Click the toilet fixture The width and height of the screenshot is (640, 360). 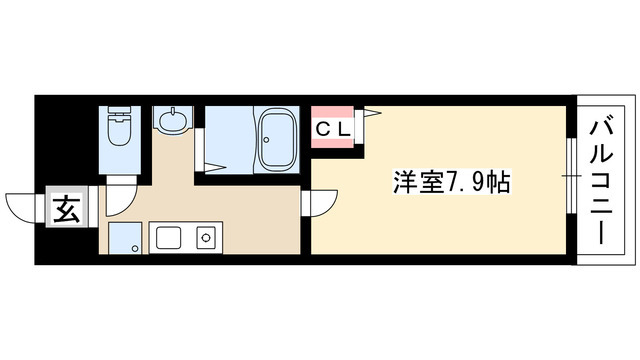coord(119,125)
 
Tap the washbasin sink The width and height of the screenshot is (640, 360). coord(173,120)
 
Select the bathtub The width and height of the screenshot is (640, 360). coord(278,139)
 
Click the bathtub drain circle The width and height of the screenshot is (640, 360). coord(266,140)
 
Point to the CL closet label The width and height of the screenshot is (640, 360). coord(333,130)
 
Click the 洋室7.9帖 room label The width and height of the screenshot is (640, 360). coord(451,182)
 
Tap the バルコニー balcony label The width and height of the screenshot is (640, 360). coord(601,182)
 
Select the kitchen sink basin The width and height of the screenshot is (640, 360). coord(168,238)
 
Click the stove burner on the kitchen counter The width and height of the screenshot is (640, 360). coord(205,237)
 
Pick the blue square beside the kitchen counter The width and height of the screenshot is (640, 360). coord(125,238)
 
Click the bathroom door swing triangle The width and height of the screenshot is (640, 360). coord(215,167)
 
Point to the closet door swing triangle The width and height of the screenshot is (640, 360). coord(371,112)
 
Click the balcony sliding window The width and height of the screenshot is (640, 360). coord(571,176)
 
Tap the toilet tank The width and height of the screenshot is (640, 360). coord(119,113)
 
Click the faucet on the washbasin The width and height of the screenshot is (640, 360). coord(173,111)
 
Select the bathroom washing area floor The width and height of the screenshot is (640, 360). coord(229,139)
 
